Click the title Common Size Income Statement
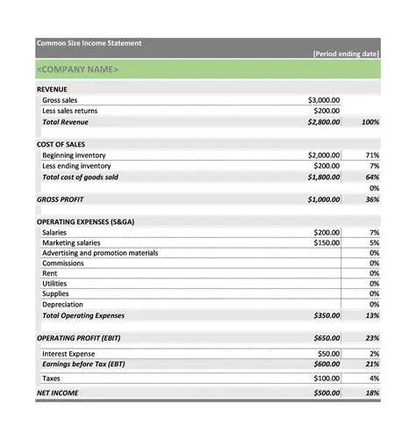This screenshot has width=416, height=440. coord(88,43)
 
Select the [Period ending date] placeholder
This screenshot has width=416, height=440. coord(346,54)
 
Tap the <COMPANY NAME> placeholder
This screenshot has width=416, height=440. coord(77,69)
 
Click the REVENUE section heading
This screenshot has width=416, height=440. coord(52,89)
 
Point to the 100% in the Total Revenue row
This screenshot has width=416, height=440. coord(369,122)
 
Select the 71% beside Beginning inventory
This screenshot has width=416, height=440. coord(373,155)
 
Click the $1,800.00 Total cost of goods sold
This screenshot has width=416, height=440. coord(322,177)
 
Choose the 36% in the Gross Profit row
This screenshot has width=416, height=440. coord(372,199)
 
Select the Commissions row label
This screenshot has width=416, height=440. coord(63,263)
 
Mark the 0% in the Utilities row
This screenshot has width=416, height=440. coord(374,284)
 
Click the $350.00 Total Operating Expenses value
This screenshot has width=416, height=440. coord(326,315)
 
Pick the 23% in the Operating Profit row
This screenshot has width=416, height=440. coord(372,337)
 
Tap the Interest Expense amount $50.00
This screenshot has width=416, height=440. coord(328,353)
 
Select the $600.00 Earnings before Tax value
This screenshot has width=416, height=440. coord(326,364)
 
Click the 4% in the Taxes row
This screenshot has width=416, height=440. coord(374,378)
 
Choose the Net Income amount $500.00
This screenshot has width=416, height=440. coord(326,393)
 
